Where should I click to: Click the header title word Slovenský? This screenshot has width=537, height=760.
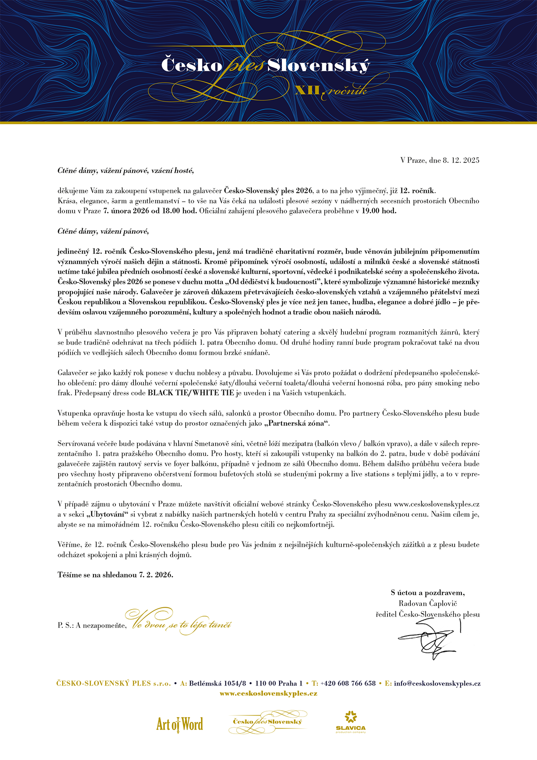coord(319,66)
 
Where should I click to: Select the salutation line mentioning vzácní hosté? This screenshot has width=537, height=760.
coord(125,171)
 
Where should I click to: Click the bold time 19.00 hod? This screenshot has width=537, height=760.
coord(379,211)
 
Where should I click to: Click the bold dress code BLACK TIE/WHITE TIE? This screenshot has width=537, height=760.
coord(191,393)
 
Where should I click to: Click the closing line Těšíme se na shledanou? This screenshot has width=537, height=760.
coord(115,575)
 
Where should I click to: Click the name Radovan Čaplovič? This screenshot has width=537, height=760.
coord(428,604)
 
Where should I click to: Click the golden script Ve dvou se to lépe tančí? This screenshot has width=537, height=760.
coord(179,623)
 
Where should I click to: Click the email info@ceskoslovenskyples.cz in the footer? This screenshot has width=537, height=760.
coord(437,683)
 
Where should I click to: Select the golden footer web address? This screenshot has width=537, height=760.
coord(268,693)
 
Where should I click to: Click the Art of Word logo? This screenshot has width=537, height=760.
coord(179,724)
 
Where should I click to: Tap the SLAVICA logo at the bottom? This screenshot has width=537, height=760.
coord(351,722)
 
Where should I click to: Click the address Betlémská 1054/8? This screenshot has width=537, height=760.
coord(217,683)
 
